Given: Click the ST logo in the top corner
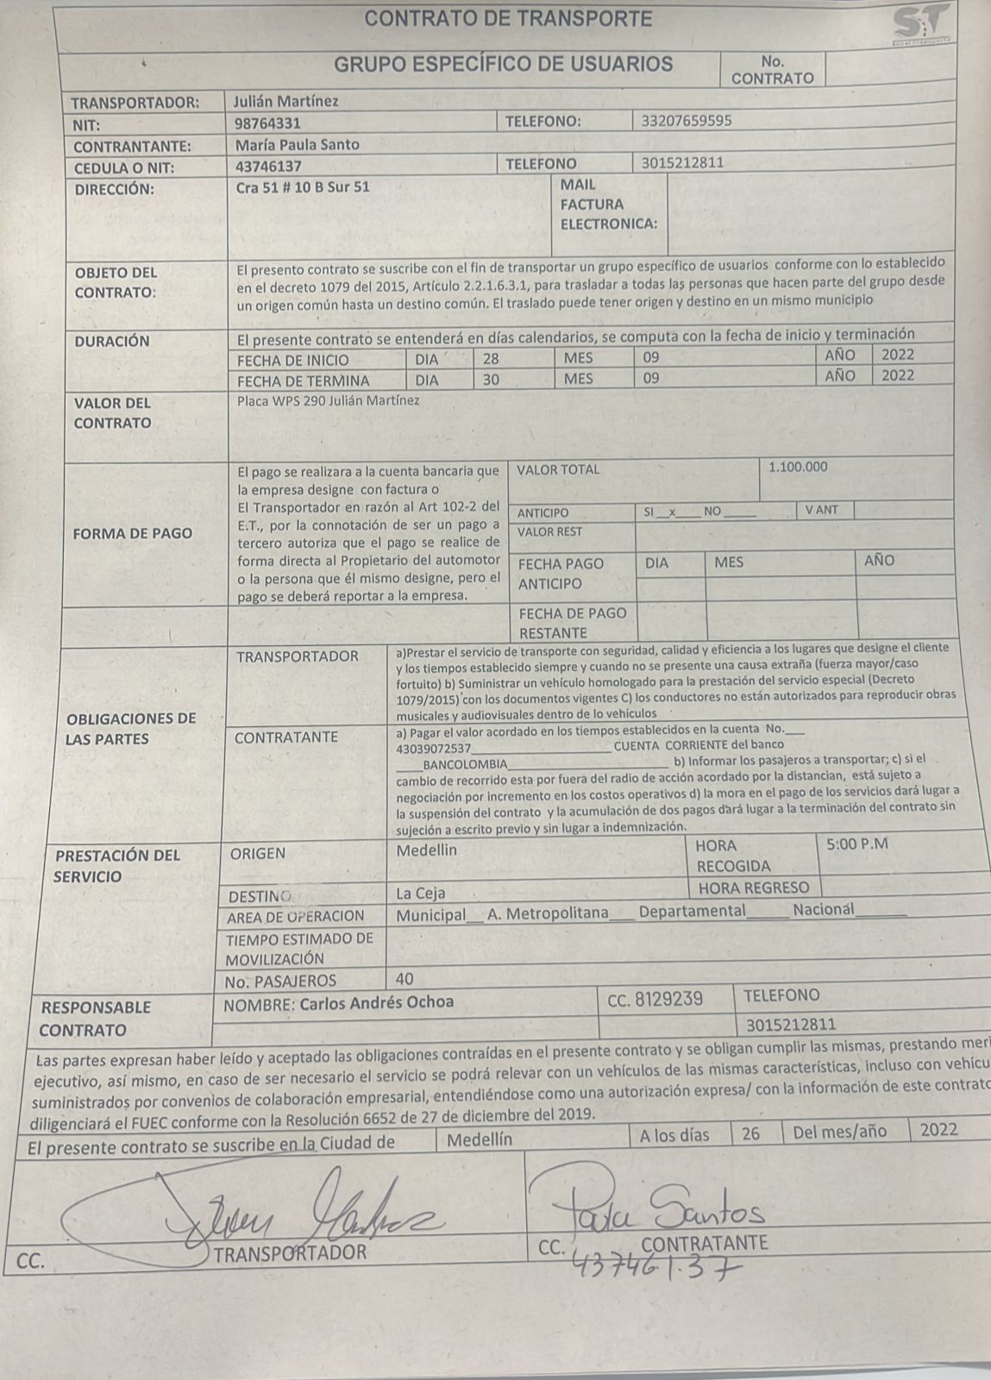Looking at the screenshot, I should (x=922, y=22).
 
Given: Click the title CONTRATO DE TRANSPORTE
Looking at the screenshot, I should (x=508, y=18).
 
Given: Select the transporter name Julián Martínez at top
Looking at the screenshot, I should (x=286, y=101).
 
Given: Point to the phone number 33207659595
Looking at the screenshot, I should (x=687, y=121).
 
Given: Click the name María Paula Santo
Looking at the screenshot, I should (x=297, y=144).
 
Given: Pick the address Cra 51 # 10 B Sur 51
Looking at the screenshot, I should (x=303, y=185).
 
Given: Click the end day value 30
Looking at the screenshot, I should (x=492, y=378).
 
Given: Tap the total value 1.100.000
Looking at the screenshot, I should (x=797, y=467).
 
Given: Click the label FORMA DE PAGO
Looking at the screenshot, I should (x=133, y=533).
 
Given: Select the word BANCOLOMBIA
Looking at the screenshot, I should (x=466, y=764).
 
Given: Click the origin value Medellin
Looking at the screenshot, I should (x=427, y=850).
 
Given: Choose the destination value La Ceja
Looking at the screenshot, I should (x=421, y=893).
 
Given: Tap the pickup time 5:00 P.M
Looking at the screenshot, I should (x=856, y=844).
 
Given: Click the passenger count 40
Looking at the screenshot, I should (x=404, y=979).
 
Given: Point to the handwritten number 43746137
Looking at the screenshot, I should (x=655, y=1265).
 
